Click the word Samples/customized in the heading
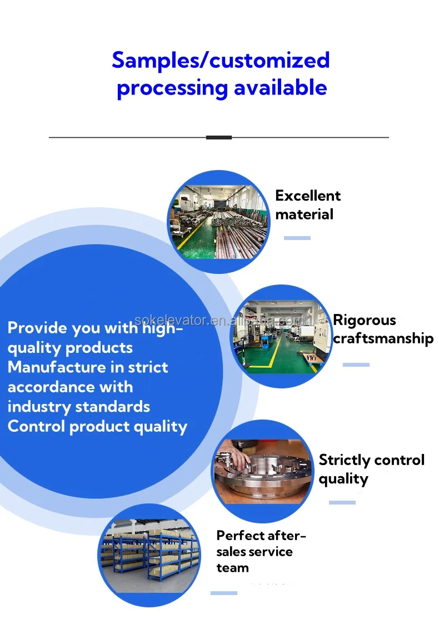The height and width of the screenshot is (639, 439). tap(221, 60)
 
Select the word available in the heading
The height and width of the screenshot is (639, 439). tap(280, 88)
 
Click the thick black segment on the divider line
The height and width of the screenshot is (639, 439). tap(219, 137)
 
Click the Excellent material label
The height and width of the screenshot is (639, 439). tap(308, 204)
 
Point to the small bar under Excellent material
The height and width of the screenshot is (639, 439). tap(297, 238)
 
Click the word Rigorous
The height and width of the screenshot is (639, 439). tap(364, 320)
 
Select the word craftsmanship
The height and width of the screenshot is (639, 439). tap(383, 338)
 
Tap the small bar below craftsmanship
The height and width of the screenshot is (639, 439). tap(356, 365)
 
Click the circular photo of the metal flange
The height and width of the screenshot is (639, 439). tap(263, 472)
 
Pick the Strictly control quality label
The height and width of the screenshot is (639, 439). tap(371, 469)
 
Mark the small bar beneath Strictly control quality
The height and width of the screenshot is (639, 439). tap(342, 502)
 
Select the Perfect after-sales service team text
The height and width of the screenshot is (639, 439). tap(261, 551)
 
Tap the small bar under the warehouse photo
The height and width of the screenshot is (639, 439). tap(224, 593)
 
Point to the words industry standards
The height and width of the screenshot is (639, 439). tap(79, 406)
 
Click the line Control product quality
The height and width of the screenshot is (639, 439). tap(97, 426)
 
